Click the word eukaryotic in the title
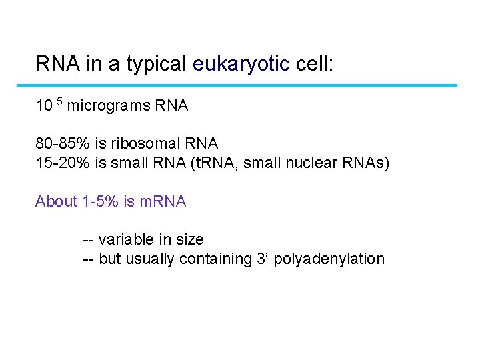tap(241, 64)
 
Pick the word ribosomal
tap(145, 144)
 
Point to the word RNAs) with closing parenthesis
tap(366, 163)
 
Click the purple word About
tap(56, 201)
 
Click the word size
tap(189, 239)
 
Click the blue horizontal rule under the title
tap(246, 85)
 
